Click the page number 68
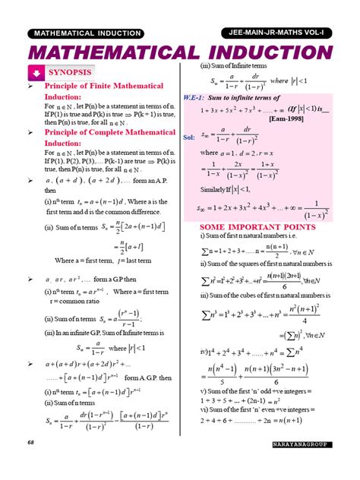(x=30, y=463)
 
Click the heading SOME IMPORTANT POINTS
(x=256, y=226)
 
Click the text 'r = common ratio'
(x=73, y=302)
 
